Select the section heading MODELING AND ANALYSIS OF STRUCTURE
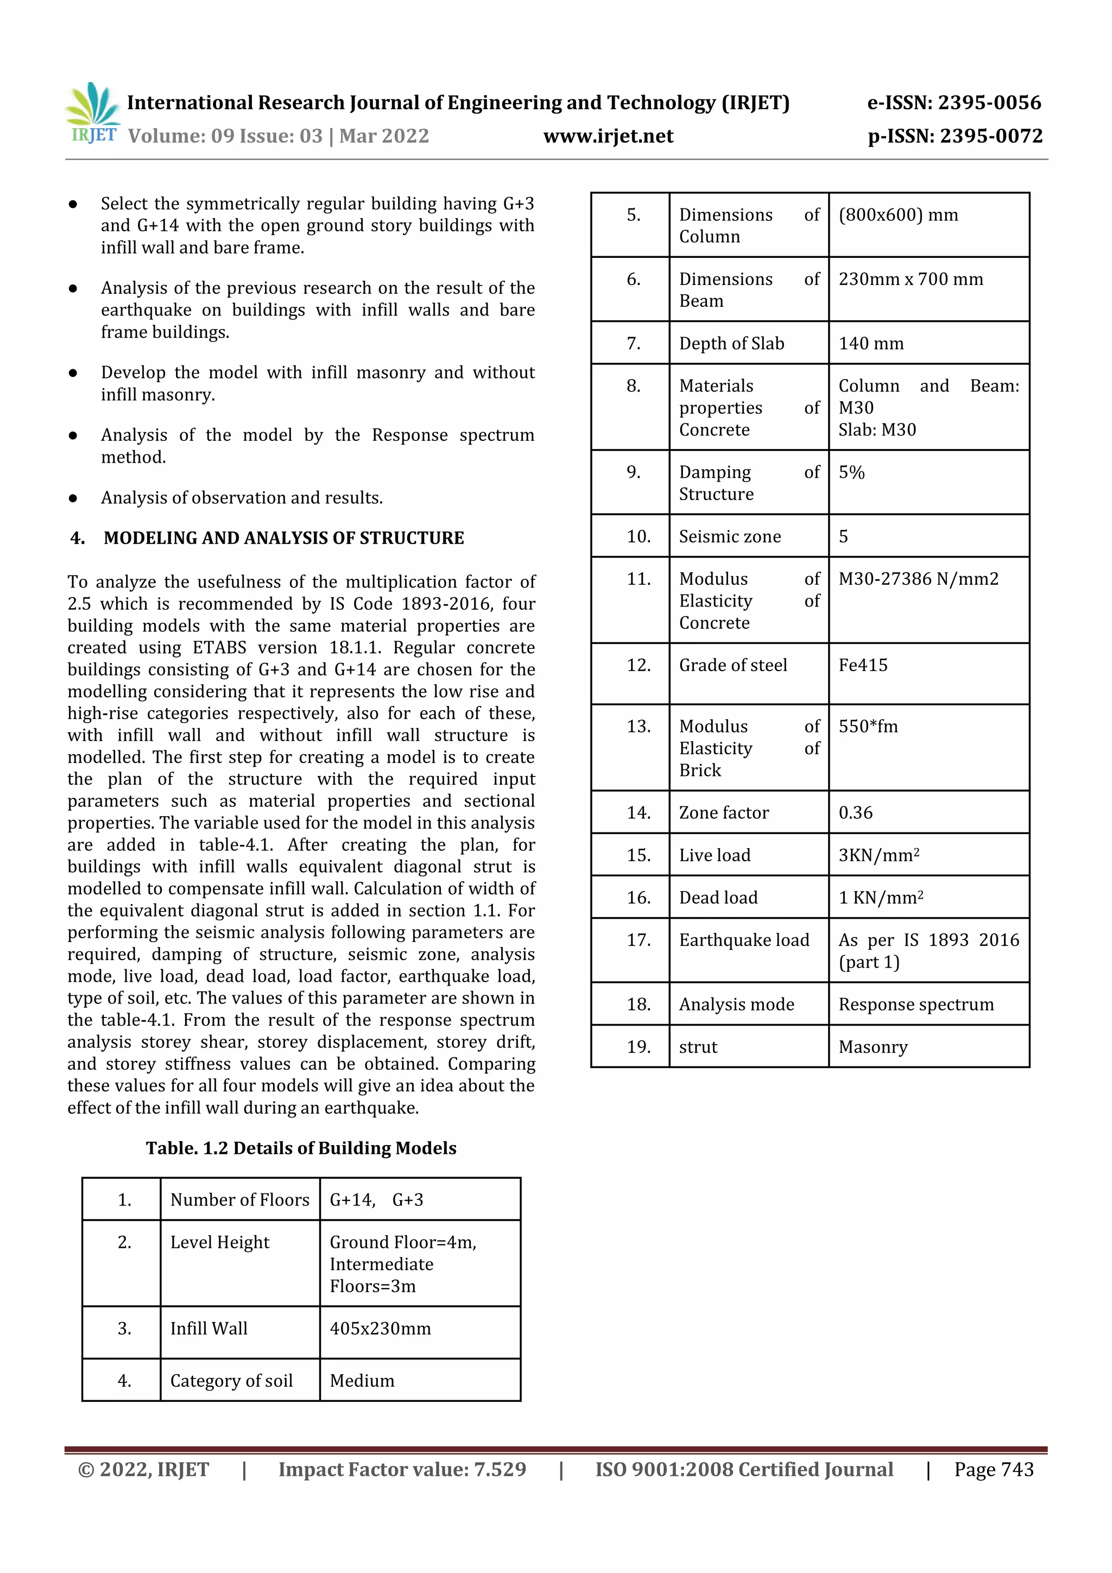click(x=283, y=538)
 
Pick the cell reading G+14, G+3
click(x=376, y=1199)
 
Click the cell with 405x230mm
click(x=380, y=1329)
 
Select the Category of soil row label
click(x=232, y=1380)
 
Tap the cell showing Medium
click(x=362, y=1380)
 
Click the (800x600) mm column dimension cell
click(x=898, y=215)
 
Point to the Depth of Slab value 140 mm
click(x=871, y=343)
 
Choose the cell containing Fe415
click(x=863, y=665)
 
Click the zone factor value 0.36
click(x=855, y=812)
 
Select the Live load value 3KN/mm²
click(x=879, y=855)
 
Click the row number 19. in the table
click(x=638, y=1047)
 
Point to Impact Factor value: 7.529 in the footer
click(x=402, y=1469)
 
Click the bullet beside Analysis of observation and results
click(x=73, y=498)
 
